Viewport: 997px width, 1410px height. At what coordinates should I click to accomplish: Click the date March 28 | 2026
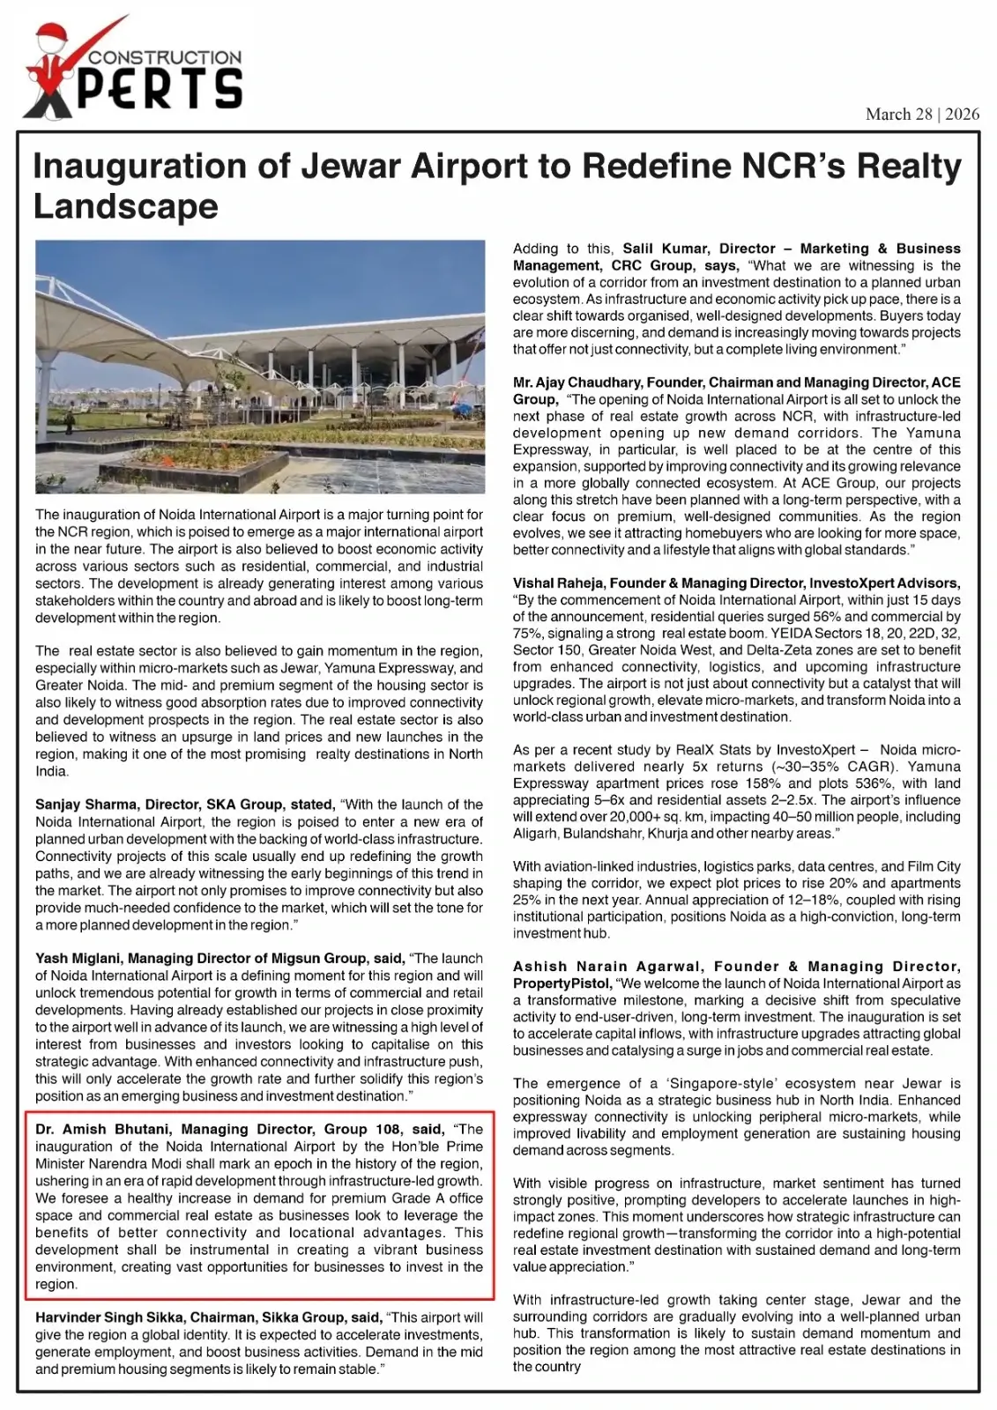click(x=922, y=114)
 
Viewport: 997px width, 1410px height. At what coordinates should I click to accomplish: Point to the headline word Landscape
click(x=125, y=206)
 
